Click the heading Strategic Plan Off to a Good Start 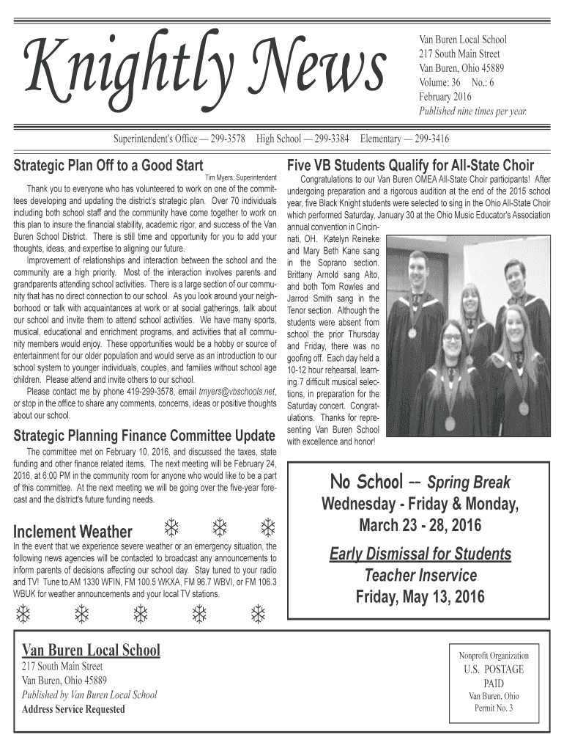(108, 165)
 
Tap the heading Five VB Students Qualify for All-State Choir (411, 165)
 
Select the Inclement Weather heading (73, 531)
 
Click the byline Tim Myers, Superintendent (240, 178)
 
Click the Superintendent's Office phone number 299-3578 (228, 139)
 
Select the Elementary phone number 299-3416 (431, 139)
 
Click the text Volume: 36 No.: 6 (456, 83)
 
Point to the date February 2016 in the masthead (445, 97)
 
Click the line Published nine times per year (472, 111)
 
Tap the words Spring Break (469, 483)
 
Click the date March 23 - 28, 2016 (420, 527)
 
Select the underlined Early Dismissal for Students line (420, 553)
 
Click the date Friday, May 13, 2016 (420, 597)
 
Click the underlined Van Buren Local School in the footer (91, 650)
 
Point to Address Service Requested (73, 709)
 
